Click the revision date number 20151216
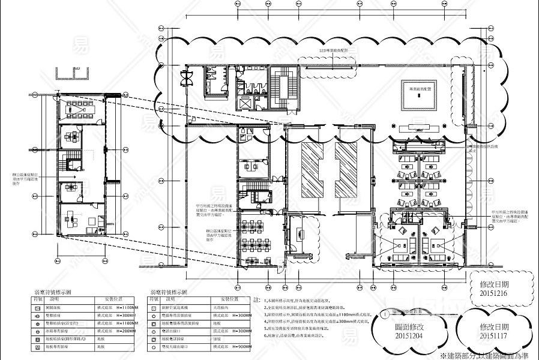(494, 294)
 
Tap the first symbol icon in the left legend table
(38, 307)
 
